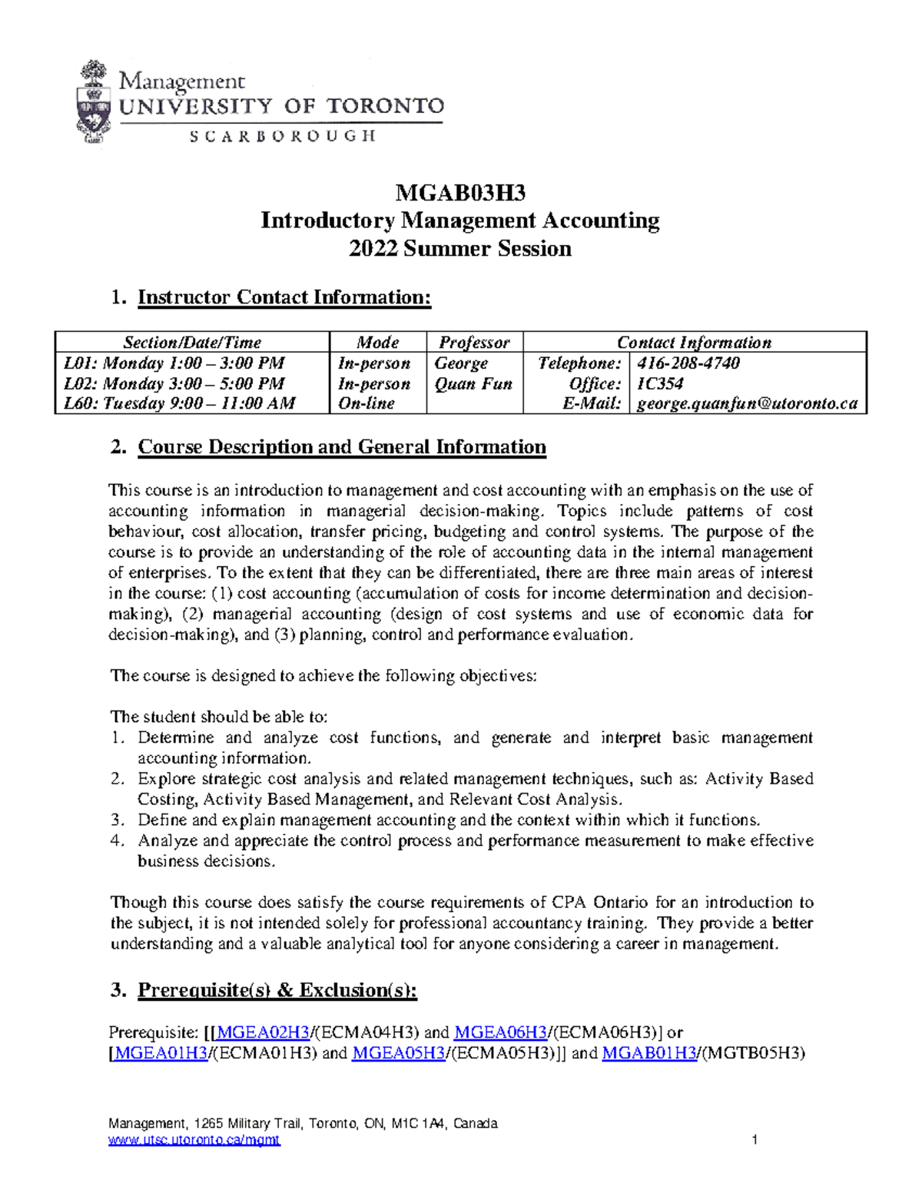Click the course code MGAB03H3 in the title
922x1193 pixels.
tap(459, 192)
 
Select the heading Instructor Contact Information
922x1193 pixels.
tap(284, 297)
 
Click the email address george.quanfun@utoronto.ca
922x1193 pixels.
tap(747, 404)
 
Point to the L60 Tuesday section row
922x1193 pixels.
tap(179, 404)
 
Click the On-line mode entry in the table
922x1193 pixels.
tap(366, 404)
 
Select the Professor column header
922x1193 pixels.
tap(474, 343)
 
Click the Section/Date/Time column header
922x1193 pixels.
tap(192, 343)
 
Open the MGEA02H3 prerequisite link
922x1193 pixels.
tap(264, 1032)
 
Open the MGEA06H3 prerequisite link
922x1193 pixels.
tap(501, 1032)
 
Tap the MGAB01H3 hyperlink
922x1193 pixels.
tap(649, 1053)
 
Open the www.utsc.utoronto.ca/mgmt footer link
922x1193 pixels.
tap(194, 1140)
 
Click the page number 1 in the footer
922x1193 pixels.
tap(755, 1140)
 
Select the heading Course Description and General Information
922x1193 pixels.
tap(342, 447)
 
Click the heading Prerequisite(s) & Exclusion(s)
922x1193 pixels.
tap(277, 990)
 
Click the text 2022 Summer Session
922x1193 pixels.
tap(459, 249)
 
